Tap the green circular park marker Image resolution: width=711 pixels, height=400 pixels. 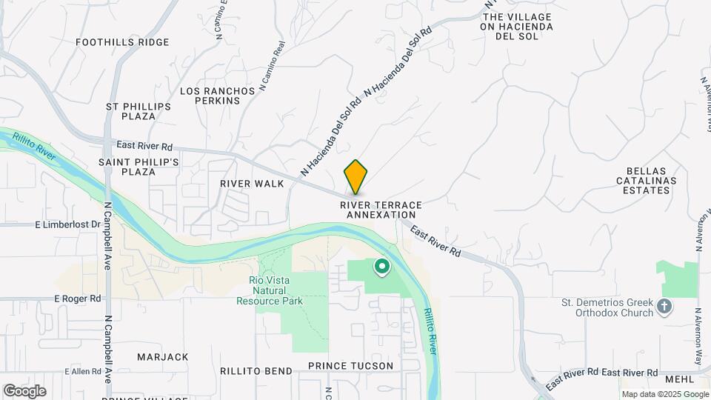click(x=382, y=266)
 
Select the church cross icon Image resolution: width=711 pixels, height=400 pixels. click(x=665, y=305)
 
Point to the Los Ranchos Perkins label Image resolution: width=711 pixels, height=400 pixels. click(x=218, y=96)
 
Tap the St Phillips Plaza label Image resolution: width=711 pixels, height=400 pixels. click(x=138, y=111)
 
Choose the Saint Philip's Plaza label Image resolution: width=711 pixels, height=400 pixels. click(x=138, y=167)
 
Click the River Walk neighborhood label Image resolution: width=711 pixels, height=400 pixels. click(x=252, y=183)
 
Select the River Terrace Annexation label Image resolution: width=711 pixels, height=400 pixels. click(x=381, y=210)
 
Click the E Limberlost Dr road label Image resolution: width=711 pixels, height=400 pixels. click(x=66, y=224)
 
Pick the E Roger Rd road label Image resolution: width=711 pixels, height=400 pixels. click(x=77, y=298)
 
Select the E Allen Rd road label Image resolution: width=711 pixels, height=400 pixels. click(x=81, y=370)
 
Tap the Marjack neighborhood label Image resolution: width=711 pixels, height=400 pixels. click(x=163, y=357)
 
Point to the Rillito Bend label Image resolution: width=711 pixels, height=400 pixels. click(x=256, y=370)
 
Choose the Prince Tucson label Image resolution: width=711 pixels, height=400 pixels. click(x=351, y=366)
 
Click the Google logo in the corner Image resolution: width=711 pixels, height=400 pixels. click(x=24, y=391)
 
